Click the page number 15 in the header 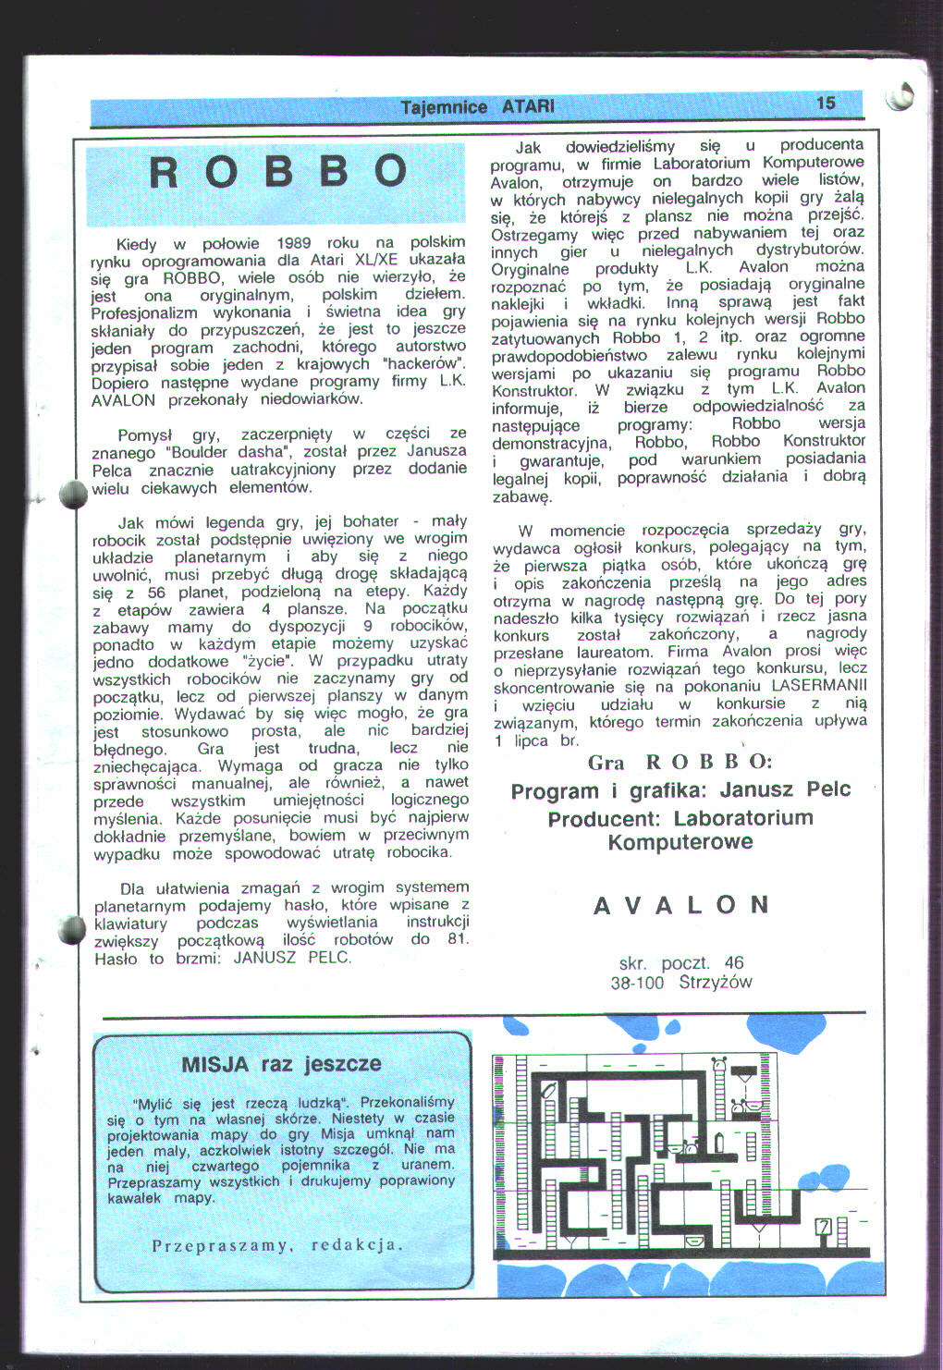tap(826, 103)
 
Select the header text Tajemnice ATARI tap(478, 107)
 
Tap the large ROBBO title tap(276, 172)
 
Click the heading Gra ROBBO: tap(680, 762)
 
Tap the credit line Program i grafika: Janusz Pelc tap(680, 790)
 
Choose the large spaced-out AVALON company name tap(680, 904)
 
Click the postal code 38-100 tap(636, 983)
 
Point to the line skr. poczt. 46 tap(681, 963)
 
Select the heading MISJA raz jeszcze tap(281, 1064)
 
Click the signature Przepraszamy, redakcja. tap(277, 1244)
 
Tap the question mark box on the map tap(822, 1227)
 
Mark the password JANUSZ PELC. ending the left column tap(292, 958)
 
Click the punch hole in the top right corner tap(900, 97)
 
